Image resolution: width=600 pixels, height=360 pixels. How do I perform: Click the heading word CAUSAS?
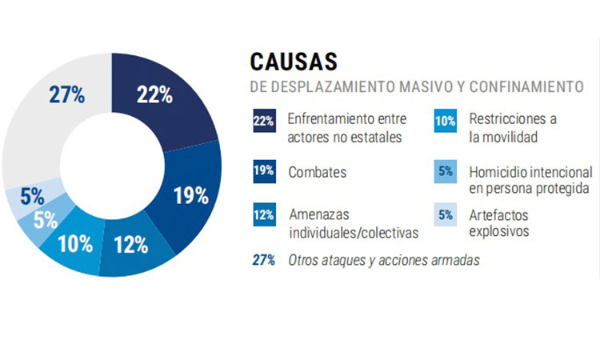pyautogui.click(x=294, y=62)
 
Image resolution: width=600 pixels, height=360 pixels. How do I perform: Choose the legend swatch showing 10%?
pyautogui.click(x=445, y=120)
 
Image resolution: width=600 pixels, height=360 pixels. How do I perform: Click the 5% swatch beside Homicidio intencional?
pyautogui.click(x=445, y=170)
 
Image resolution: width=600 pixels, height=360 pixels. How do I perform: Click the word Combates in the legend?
pyautogui.click(x=313, y=171)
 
